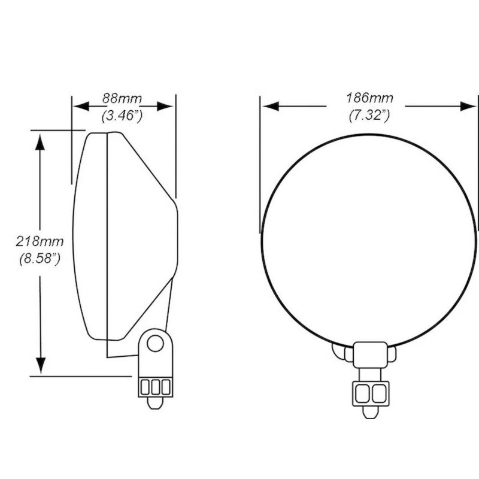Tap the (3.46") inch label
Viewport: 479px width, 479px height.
click(123, 116)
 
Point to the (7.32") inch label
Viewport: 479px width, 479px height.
click(369, 116)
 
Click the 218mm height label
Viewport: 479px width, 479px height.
click(40, 241)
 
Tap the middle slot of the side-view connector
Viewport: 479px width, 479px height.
click(155, 387)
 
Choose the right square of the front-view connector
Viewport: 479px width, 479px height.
click(378, 393)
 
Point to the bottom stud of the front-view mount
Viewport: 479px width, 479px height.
click(370, 412)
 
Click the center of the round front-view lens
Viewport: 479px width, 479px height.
click(369, 239)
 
